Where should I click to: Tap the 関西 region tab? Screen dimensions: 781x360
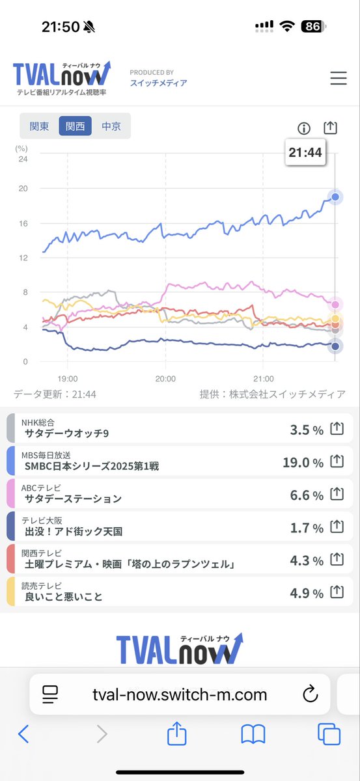[x=75, y=126]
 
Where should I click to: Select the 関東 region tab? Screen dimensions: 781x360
[x=39, y=126]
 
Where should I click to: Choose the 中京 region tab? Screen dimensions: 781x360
[x=111, y=126]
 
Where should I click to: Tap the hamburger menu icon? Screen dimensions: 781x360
[x=339, y=78]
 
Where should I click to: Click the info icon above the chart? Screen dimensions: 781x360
[x=303, y=128]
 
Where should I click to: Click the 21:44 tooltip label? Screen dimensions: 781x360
[x=305, y=153]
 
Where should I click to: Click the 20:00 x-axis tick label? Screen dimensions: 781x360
[x=165, y=378]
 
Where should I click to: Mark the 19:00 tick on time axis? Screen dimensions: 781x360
[x=68, y=378]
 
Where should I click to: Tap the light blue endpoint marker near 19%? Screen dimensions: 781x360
[x=335, y=197]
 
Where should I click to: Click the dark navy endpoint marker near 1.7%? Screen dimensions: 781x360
[x=335, y=347]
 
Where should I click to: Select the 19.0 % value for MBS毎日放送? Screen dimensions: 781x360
[x=303, y=462]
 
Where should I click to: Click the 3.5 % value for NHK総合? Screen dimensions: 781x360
[x=307, y=430]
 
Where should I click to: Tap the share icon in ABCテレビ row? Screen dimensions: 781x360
[x=337, y=495]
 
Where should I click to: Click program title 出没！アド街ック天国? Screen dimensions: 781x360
[x=74, y=531]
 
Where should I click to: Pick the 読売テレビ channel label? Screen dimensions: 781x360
[x=43, y=584]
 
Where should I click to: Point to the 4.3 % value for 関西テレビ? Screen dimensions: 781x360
[x=307, y=560]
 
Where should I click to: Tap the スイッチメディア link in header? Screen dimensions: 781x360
[x=158, y=83]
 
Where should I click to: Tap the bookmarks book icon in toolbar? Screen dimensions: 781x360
[x=253, y=734]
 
